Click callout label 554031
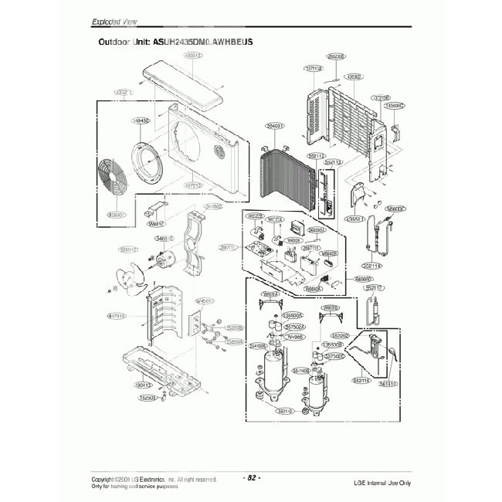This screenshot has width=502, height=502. pyautogui.click(x=276, y=125)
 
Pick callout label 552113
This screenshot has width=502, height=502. pyautogui.click(x=334, y=163)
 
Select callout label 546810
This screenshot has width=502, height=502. pyautogui.click(x=164, y=240)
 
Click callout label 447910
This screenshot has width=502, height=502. pyautogui.click(x=117, y=316)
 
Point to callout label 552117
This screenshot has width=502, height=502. pyautogui.click(x=375, y=287)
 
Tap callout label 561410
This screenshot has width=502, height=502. pyautogui.click(x=301, y=371)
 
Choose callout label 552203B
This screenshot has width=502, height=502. pyautogui.click(x=235, y=328)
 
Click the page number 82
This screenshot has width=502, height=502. pyautogui.click(x=253, y=477)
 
